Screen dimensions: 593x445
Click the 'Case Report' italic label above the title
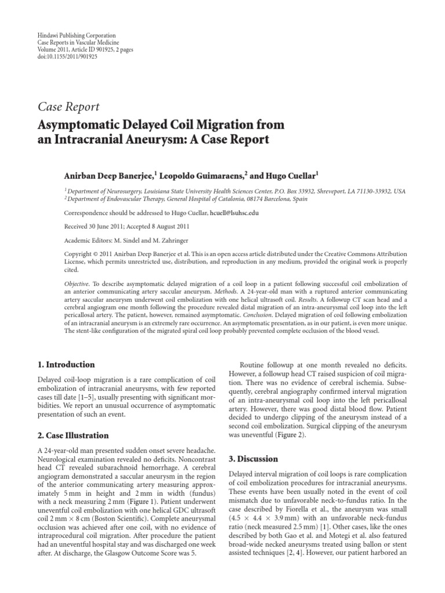click(x=68, y=107)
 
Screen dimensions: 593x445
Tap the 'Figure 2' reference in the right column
click(x=305, y=435)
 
